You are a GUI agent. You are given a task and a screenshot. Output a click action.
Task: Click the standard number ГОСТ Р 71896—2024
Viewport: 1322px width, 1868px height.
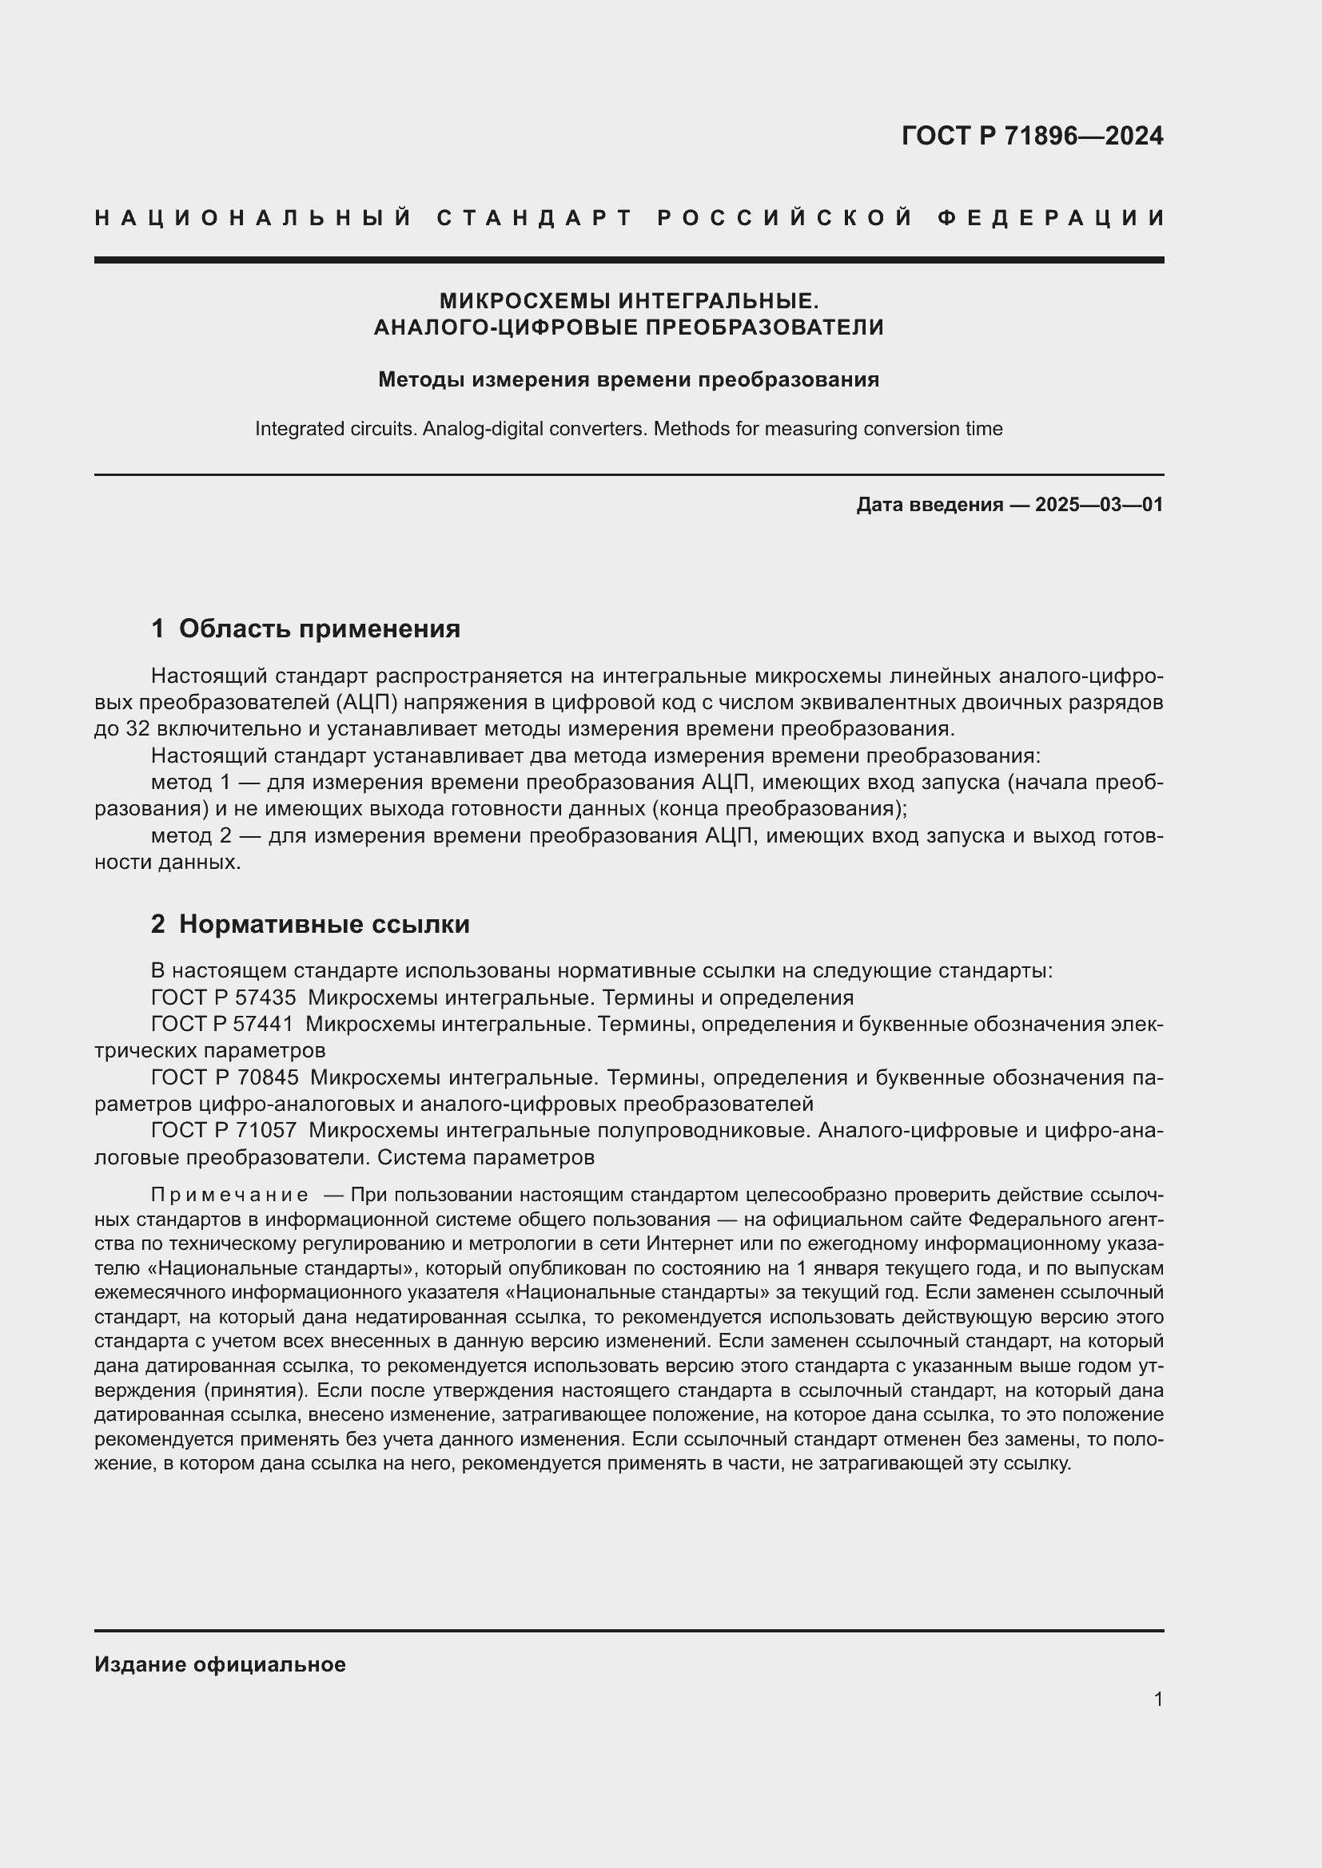pos(1031,136)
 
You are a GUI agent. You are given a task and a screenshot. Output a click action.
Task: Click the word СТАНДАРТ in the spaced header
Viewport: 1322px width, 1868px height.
pos(535,218)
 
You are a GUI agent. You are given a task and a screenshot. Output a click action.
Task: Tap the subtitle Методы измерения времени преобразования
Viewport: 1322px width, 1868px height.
pos(628,379)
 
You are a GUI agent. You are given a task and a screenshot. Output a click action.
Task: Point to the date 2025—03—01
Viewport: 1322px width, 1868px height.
pos(1099,505)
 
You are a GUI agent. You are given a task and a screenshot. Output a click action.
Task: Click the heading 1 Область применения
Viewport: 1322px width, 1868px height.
pos(305,628)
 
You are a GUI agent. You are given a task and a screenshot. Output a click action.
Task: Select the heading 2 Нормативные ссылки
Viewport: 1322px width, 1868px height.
pos(310,924)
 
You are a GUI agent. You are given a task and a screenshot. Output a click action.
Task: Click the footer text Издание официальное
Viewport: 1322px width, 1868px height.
pos(220,1664)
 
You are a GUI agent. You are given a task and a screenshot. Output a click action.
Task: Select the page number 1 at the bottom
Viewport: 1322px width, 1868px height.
pos(1157,1699)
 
